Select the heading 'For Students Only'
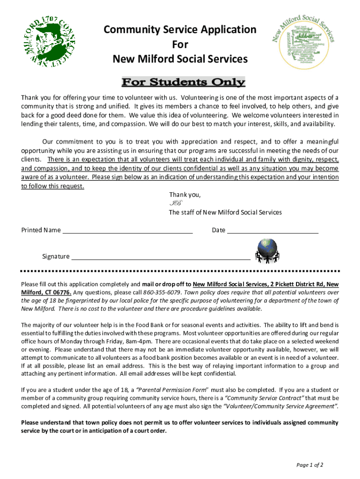point(183,83)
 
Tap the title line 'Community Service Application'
point(180,30)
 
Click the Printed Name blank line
point(128,230)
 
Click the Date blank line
point(273,230)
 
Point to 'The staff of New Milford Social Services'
point(225,212)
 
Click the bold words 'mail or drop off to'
point(166,284)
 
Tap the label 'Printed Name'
point(41,230)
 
